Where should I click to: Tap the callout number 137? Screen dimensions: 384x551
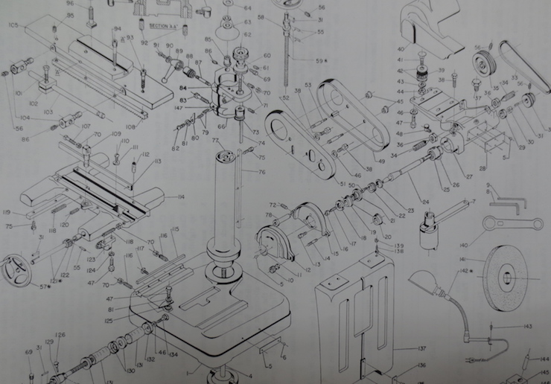421,348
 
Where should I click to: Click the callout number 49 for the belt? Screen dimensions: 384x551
380,161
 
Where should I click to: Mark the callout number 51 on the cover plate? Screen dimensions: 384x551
343,184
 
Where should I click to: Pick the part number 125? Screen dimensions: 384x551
109,321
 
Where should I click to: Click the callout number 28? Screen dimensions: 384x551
483,158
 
